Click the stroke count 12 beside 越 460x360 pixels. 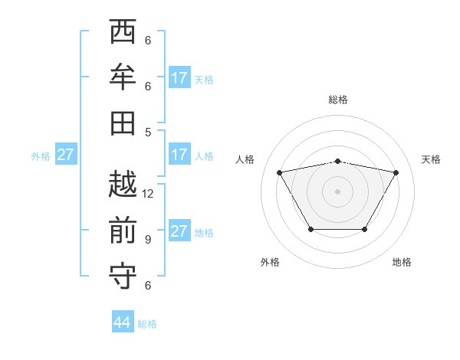tap(149, 194)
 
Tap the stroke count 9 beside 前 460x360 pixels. tap(148, 240)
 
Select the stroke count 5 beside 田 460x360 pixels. tap(148, 132)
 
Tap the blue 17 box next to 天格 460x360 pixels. tap(179, 78)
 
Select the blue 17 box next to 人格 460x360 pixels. tap(179, 155)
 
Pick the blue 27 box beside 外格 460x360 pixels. tap(66, 155)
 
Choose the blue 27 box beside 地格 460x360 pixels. tap(179, 232)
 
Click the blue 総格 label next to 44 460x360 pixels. tap(147, 324)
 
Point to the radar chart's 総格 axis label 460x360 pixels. tap(337, 100)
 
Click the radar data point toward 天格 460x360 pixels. tap(396, 172)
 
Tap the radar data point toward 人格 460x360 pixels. tap(279, 172)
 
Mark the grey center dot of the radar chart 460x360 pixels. tap(337, 191)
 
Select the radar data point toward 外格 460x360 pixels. tap(310, 229)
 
